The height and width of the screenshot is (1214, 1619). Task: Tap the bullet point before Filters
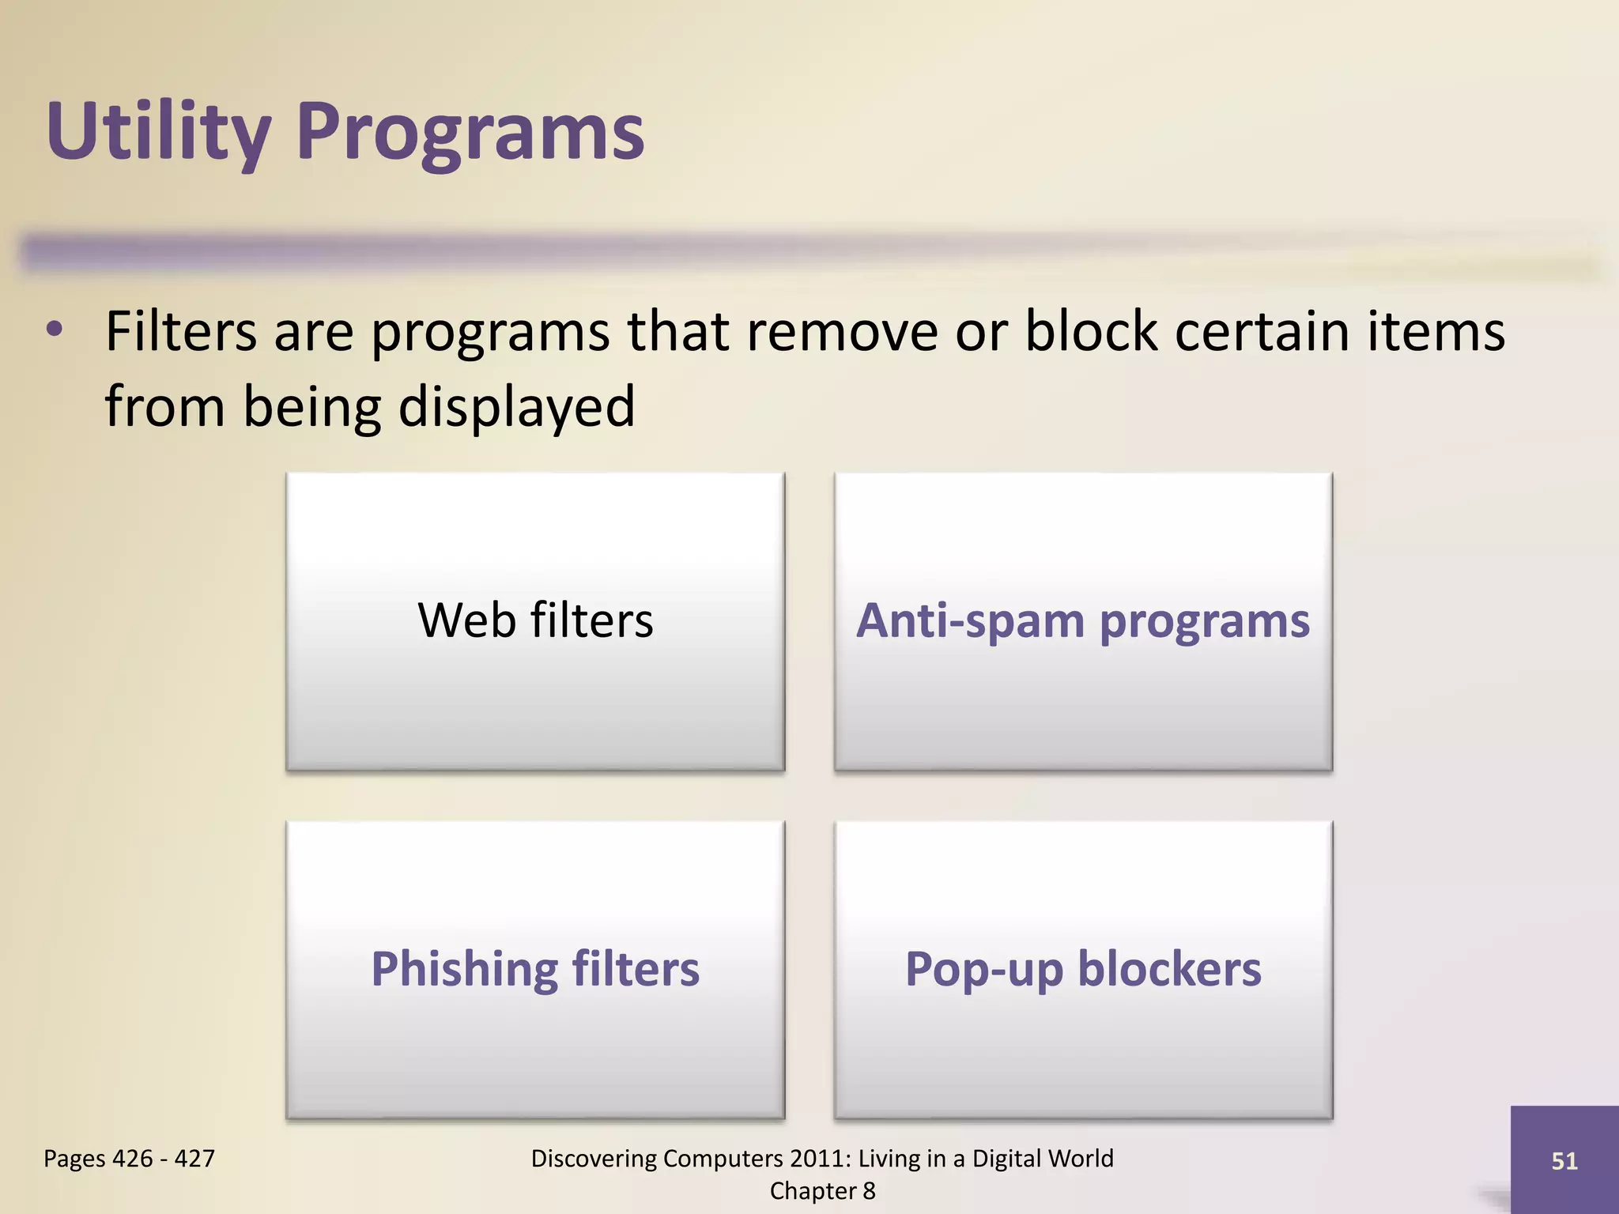[54, 330]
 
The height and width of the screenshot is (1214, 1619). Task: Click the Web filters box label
[535, 620]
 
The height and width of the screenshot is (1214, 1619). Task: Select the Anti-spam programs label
[1082, 621]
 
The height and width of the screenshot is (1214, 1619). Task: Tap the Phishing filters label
[535, 969]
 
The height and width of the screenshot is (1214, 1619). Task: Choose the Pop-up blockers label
[1082, 969]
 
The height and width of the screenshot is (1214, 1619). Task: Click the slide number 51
[1564, 1160]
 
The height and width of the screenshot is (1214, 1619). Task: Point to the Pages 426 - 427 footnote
[129, 1159]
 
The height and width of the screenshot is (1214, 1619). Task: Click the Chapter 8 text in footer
[822, 1190]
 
